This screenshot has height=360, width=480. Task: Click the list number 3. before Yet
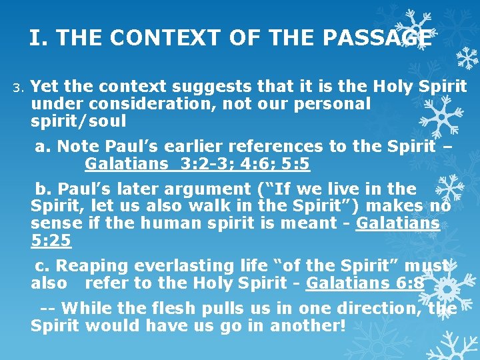click(x=18, y=87)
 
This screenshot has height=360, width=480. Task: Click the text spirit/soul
click(x=79, y=122)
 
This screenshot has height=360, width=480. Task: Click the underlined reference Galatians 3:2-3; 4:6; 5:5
click(x=197, y=164)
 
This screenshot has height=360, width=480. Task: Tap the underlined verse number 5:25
click(x=50, y=239)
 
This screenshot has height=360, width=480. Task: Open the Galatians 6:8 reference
click(x=365, y=283)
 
